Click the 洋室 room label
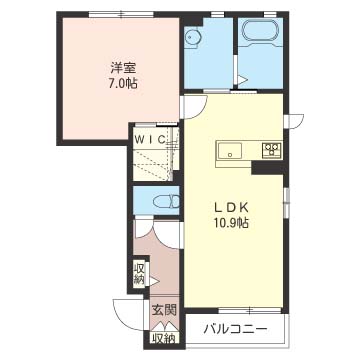click(123, 68)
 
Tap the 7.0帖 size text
click(123, 83)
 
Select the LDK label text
click(231, 208)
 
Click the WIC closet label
click(150, 139)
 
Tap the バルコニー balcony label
click(236, 330)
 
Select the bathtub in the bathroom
click(260, 32)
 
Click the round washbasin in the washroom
click(192, 37)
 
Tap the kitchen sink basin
click(230, 151)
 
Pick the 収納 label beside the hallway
click(140, 274)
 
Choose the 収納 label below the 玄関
click(164, 338)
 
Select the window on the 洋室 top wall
click(122, 14)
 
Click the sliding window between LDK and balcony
click(250, 310)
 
